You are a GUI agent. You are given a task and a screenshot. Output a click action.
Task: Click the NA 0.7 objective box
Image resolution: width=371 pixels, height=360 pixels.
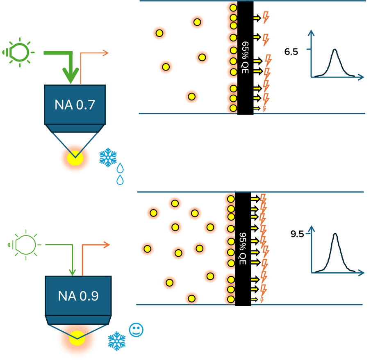click(75, 104)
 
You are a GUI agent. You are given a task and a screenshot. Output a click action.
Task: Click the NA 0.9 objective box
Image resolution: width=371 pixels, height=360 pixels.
click(78, 295)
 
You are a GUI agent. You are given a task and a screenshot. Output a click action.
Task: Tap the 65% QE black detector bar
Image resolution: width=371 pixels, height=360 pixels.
click(245, 57)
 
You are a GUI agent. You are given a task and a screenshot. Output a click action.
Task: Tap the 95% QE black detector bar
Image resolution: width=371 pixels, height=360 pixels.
click(243, 249)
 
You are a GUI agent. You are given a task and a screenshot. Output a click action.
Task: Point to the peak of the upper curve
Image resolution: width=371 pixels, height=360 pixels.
click(335, 50)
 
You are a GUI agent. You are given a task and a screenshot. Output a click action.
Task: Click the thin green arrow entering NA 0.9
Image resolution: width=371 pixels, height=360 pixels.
click(73, 271)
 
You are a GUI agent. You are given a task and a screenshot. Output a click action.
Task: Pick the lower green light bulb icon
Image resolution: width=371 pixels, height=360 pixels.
click(25, 245)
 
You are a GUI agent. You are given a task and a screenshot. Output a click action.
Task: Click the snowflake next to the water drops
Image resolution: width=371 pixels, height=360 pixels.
click(108, 158)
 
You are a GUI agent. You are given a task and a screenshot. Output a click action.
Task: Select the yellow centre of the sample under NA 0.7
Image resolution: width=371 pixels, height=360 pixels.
click(75, 158)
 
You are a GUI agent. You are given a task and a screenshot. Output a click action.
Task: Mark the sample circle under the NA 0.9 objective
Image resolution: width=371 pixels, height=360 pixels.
click(77, 339)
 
